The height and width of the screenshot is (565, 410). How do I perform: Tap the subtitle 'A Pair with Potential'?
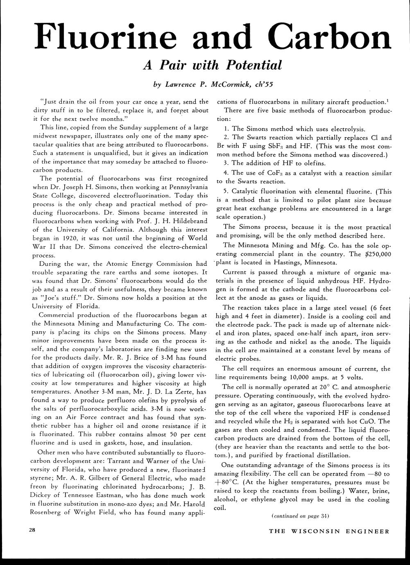[212, 65]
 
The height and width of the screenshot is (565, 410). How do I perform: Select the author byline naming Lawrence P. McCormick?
[213, 85]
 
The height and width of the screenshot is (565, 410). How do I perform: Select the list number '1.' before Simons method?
[227, 129]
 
